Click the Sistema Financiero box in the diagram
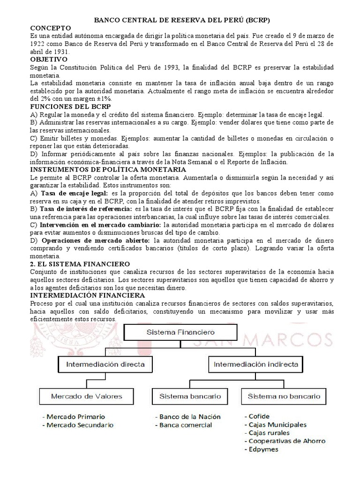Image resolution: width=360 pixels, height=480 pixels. click(x=180, y=332)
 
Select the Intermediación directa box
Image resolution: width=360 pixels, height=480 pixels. click(x=105, y=364)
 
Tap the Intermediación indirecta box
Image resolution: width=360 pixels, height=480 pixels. click(x=255, y=364)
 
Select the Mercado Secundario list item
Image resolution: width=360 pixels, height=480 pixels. click(x=80, y=425)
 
